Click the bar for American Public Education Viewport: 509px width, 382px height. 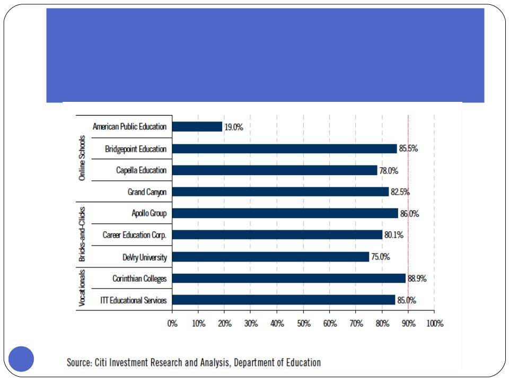197,127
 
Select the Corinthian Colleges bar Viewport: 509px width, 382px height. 289,279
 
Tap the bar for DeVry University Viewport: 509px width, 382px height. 270,257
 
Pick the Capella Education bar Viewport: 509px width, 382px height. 275,170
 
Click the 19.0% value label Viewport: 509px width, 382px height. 233,127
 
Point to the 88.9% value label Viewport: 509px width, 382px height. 417,279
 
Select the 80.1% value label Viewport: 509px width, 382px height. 393,235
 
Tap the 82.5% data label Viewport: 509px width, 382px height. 400,192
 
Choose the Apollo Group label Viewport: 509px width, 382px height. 149,213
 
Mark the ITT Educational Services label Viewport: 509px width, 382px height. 134,300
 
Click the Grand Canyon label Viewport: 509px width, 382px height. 147,192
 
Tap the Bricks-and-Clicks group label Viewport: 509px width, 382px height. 82,235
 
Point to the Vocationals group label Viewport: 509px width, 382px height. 82,289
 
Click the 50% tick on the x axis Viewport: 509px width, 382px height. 303,324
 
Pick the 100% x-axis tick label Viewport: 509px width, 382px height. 434,324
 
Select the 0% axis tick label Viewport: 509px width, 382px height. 172,324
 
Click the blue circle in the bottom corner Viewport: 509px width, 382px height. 21,359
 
